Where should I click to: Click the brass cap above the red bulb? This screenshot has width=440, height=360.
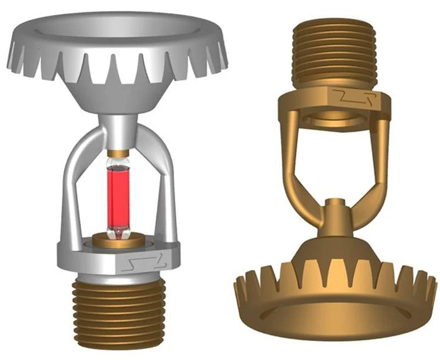pos(116,153)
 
